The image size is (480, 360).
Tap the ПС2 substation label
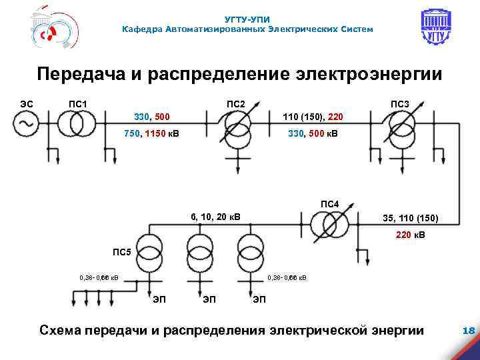point(236,104)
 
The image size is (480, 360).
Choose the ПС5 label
point(122,251)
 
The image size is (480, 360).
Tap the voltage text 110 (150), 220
point(313,117)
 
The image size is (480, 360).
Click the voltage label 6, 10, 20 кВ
point(215,216)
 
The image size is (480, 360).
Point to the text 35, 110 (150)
point(410,218)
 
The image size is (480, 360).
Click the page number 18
point(467,330)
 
